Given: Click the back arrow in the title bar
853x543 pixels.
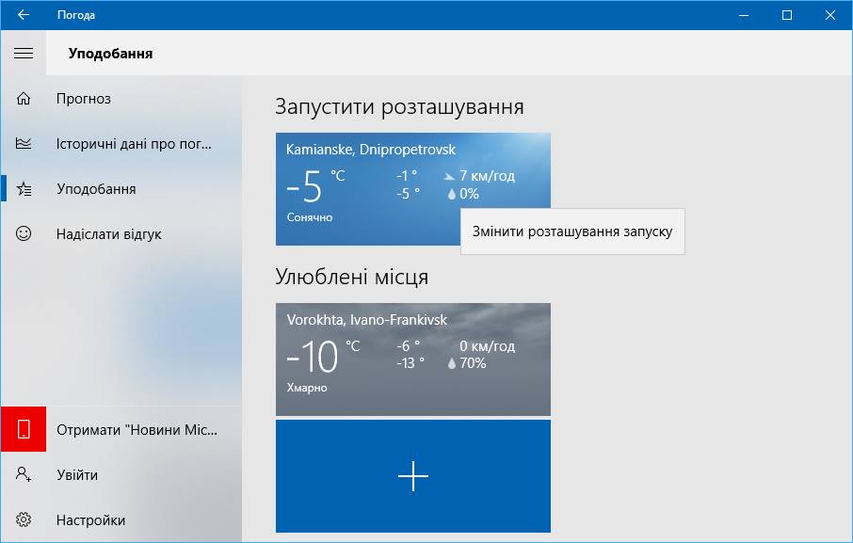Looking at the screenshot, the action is [x=23, y=15].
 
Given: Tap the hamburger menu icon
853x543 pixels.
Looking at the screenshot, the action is [x=24, y=54].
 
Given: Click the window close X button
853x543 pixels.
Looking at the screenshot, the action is [x=829, y=15].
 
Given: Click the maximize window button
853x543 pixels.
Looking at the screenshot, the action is [x=787, y=15].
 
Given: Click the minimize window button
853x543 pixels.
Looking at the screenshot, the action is [x=744, y=16].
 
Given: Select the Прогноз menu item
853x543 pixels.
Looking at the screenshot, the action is [x=83, y=99].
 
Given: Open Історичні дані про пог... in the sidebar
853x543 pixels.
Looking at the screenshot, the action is [x=134, y=144].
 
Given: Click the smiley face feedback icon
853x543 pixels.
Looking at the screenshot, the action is [x=24, y=233].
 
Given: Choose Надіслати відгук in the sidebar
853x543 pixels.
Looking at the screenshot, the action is [x=109, y=234].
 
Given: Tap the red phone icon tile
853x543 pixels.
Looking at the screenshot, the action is [x=24, y=429].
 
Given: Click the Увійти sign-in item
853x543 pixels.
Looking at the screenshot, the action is [x=77, y=475].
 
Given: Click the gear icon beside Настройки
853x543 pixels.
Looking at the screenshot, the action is [x=24, y=519].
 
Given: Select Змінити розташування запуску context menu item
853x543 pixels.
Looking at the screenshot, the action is [x=572, y=232].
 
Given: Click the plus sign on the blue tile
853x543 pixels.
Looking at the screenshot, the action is [x=413, y=476].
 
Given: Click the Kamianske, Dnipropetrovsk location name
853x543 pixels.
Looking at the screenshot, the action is [x=371, y=150].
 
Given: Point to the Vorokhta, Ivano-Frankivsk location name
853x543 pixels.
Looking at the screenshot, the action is [x=367, y=320].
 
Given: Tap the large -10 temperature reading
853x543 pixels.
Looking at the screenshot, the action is [x=313, y=356].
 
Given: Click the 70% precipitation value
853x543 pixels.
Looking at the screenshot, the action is [x=473, y=363].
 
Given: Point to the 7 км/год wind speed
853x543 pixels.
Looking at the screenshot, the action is [x=487, y=176].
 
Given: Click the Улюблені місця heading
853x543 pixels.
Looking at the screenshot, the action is [x=351, y=278].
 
